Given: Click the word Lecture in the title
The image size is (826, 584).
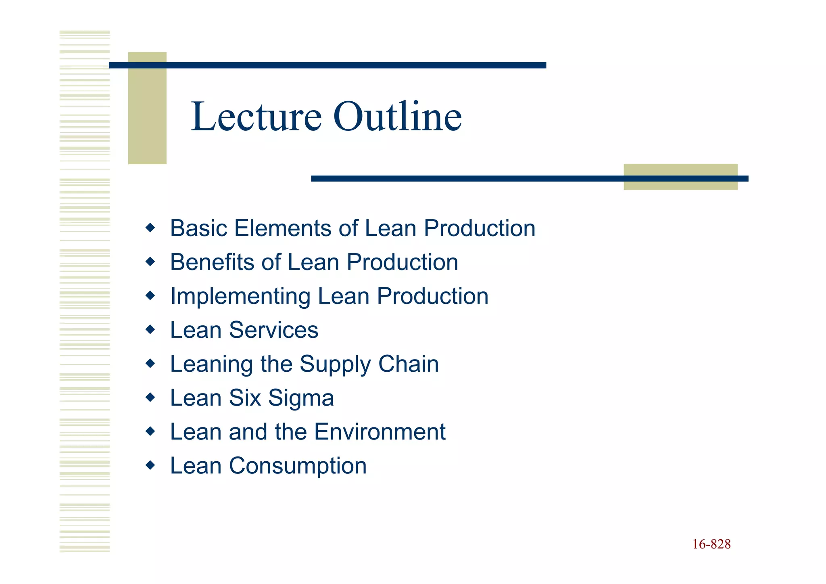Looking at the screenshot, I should pyautogui.click(x=256, y=117).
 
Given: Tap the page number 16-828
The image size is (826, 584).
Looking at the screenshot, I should pyautogui.click(x=711, y=544).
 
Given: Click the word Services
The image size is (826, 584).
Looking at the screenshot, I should pyautogui.click(x=273, y=330).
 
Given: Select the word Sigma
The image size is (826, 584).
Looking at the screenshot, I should pyautogui.click(x=301, y=398).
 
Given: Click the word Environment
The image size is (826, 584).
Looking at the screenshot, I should pyautogui.click(x=380, y=432).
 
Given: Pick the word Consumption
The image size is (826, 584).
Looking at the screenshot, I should pyautogui.click(x=298, y=466).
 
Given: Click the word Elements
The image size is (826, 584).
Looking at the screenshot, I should pyautogui.click(x=282, y=228).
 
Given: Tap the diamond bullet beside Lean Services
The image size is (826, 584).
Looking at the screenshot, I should pyautogui.click(x=150, y=330).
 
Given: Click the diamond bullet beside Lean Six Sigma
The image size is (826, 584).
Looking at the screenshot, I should pyautogui.click(x=150, y=398).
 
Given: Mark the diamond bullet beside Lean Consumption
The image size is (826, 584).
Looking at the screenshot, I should pyautogui.click(x=150, y=465).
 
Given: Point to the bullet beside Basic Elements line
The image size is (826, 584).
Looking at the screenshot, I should pyautogui.click(x=150, y=228).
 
